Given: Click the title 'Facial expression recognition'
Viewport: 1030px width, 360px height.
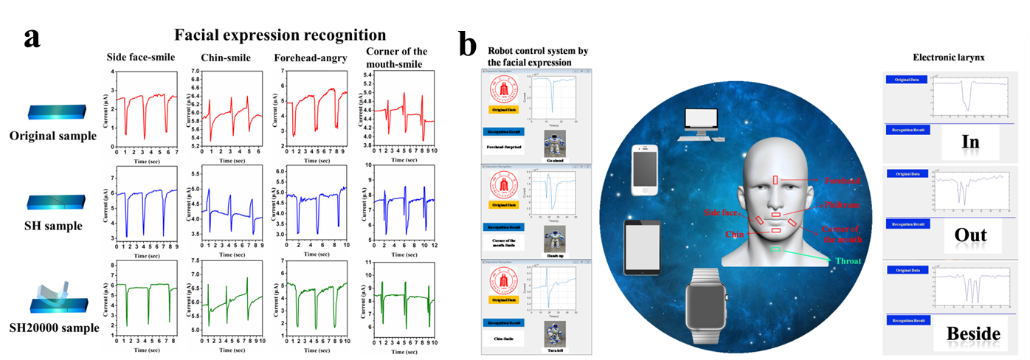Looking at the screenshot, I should coord(280,35).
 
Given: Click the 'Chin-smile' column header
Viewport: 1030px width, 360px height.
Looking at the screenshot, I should coord(227,58).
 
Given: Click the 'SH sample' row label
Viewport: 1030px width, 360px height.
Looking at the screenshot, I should coord(53,226).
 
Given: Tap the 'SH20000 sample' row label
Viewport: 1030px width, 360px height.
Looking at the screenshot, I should coord(54,327).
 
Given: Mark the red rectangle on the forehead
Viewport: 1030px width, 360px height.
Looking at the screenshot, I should coord(775,180).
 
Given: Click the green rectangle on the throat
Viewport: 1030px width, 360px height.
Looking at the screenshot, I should coord(775,249).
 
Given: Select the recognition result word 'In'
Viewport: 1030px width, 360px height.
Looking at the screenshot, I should coord(965,142).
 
